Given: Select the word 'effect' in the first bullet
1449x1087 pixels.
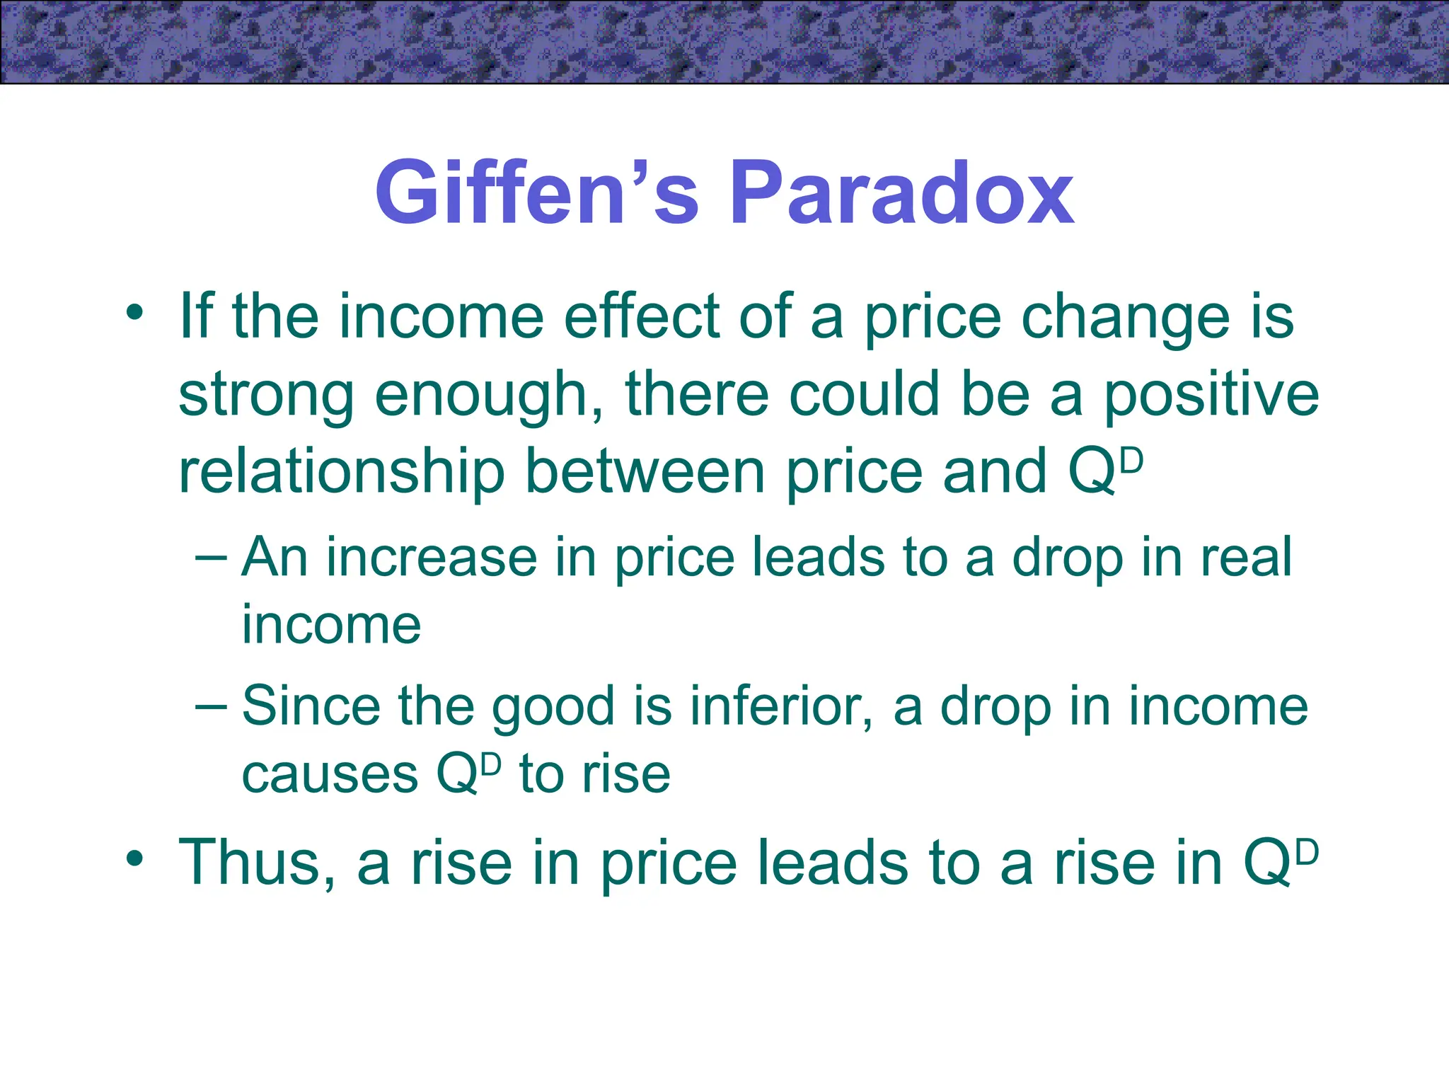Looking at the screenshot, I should pyautogui.click(x=641, y=317).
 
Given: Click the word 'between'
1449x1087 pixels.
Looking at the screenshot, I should pyautogui.click(x=645, y=473).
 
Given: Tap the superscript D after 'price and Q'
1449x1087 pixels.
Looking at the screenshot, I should pyautogui.click(x=1132, y=461).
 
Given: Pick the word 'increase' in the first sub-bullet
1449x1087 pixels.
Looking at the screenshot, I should pyautogui.click(x=431, y=558).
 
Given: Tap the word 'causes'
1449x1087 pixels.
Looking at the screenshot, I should pyautogui.click(x=330, y=774).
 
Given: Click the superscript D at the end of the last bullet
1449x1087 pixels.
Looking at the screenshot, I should pyautogui.click(x=1307, y=852).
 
